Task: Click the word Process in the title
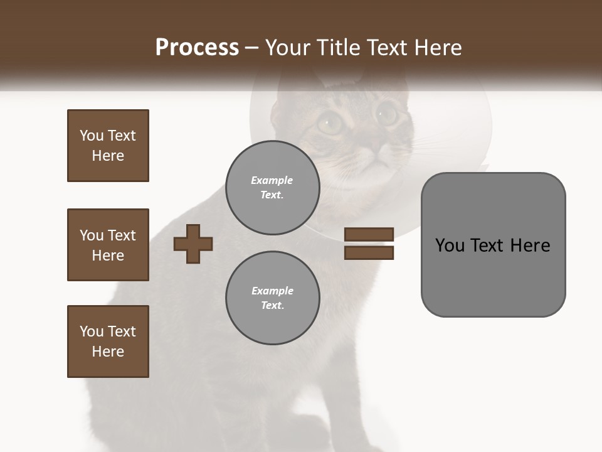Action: (197, 48)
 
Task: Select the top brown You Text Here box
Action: (108, 146)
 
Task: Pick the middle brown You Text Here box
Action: (108, 245)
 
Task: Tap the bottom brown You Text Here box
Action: (108, 342)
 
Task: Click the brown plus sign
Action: (193, 244)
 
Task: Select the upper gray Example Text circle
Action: (272, 188)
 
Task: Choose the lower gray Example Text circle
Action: (272, 298)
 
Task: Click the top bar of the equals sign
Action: (369, 234)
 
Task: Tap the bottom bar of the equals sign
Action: (369, 252)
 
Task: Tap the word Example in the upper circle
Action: (272, 180)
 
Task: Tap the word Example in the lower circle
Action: (272, 291)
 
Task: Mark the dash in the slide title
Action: (252, 48)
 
